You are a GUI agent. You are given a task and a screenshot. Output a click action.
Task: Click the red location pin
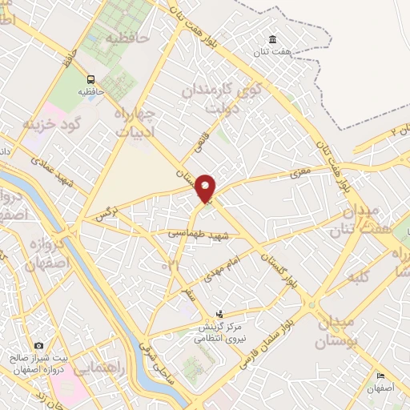tap(206, 188)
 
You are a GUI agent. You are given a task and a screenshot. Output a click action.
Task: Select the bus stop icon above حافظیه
tap(90, 79)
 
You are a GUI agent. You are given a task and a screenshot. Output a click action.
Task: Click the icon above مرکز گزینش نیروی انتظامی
tap(220, 313)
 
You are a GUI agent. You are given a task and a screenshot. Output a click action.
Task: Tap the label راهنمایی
tap(98, 364)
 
